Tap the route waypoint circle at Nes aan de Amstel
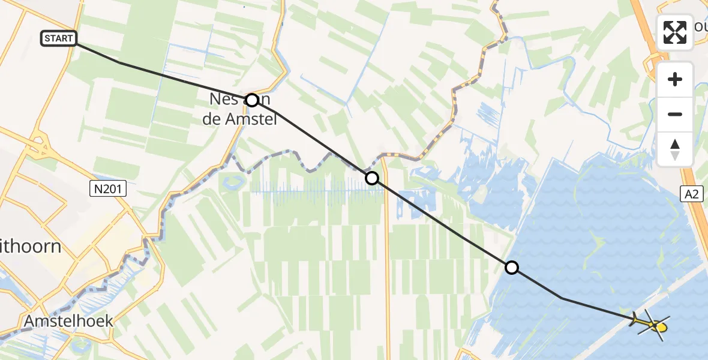(x=252, y=100)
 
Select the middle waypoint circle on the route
(x=372, y=178)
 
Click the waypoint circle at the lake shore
(x=512, y=268)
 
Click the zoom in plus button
(x=675, y=79)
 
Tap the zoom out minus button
(x=675, y=114)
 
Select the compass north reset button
(x=675, y=149)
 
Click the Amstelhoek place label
(x=68, y=322)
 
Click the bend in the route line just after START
(x=119, y=62)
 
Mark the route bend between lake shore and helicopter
(x=562, y=298)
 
